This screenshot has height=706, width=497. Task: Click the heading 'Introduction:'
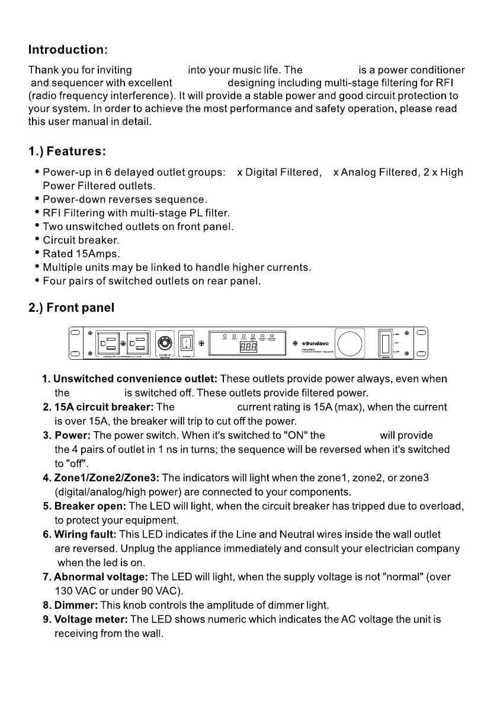click(68, 49)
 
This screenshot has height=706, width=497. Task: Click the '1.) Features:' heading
click(67, 152)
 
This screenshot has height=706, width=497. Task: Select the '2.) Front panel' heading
click(71, 308)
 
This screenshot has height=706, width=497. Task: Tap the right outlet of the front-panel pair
click(139, 344)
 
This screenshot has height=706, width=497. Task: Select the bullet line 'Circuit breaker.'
click(81, 240)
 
